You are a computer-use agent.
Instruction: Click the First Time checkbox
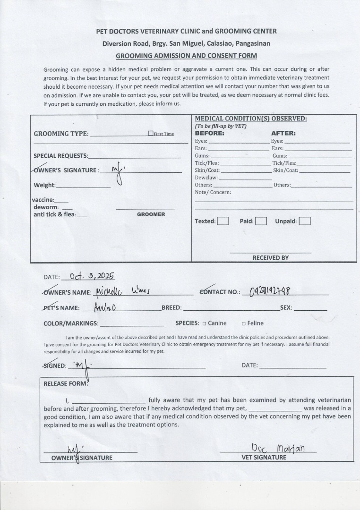click(151, 134)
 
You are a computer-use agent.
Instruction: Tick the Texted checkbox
click(223, 221)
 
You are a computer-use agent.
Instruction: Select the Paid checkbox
click(261, 221)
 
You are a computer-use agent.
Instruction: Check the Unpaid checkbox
click(305, 221)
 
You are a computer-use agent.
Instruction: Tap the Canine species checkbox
click(204, 323)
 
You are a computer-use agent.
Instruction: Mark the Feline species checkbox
click(244, 323)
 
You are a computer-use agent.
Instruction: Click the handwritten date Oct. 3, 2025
click(92, 276)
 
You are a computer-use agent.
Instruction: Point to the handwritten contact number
click(270, 291)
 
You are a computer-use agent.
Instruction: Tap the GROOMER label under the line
click(151, 214)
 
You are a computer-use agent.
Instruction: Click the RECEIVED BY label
click(270, 258)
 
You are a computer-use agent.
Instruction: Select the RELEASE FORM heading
click(66, 383)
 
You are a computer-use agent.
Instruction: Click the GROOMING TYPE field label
click(61, 134)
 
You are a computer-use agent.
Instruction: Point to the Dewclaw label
click(206, 178)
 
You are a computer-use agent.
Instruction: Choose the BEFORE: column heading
click(210, 133)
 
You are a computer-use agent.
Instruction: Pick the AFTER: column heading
click(283, 133)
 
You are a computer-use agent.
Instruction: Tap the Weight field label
click(44, 185)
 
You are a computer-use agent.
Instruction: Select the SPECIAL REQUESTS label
click(60, 156)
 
